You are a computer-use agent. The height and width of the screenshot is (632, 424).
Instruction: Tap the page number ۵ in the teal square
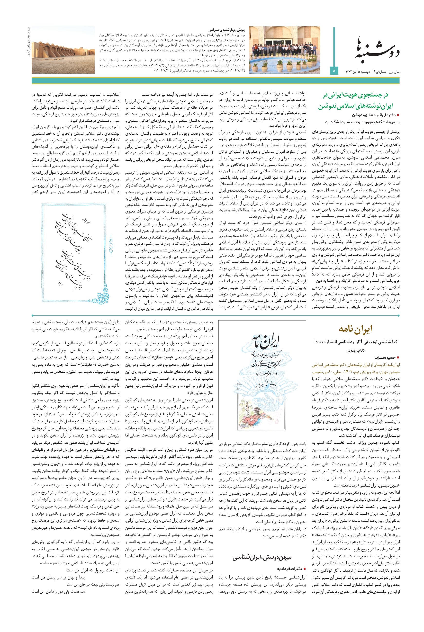tap(334, 71)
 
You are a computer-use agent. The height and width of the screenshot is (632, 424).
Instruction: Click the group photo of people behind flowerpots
tap(284, 50)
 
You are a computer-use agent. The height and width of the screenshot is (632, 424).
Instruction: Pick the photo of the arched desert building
tap(63, 50)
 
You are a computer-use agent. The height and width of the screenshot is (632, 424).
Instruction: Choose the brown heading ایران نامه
tap(355, 329)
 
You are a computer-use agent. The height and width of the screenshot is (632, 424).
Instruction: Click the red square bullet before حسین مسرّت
tap(398, 357)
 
